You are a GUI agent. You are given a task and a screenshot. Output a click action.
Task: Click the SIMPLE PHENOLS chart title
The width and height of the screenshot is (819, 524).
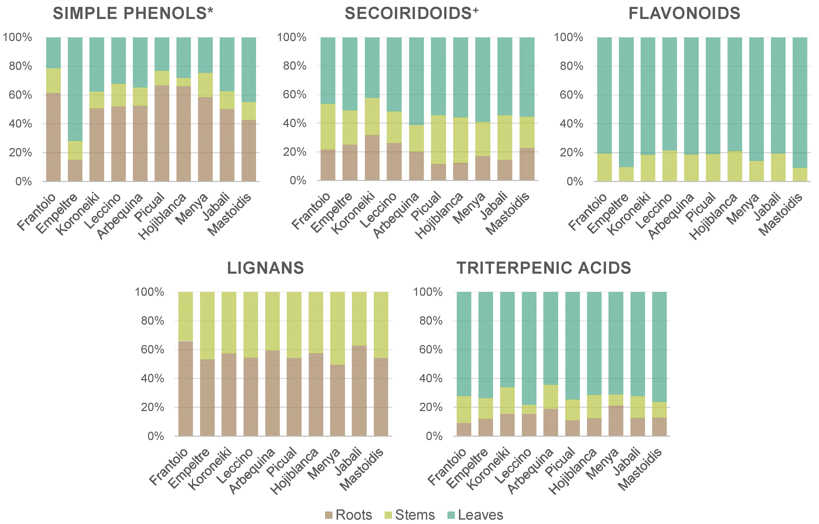133,14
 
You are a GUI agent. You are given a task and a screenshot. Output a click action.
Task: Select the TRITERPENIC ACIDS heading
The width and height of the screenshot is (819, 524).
543,268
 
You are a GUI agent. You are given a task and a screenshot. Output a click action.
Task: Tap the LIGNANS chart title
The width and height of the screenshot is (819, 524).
265,268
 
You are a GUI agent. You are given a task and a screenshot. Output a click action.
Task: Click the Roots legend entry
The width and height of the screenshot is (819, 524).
349,515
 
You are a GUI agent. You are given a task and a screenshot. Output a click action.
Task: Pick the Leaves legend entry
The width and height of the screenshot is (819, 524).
475,515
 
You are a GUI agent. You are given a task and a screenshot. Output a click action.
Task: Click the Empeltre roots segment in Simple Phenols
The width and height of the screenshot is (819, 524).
75,170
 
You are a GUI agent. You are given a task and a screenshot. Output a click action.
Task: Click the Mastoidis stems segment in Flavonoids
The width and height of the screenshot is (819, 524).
800,174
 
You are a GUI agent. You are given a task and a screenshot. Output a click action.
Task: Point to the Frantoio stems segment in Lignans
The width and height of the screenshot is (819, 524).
185,316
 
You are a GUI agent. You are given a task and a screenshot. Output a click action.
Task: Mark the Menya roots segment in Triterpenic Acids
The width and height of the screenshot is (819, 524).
616,421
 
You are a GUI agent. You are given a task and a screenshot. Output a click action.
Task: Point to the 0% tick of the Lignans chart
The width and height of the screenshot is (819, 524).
156,436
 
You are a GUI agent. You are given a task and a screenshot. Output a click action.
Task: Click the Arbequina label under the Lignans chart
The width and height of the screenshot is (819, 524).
252,471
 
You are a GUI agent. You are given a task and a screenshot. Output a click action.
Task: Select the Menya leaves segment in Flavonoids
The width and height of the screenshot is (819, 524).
756,99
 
